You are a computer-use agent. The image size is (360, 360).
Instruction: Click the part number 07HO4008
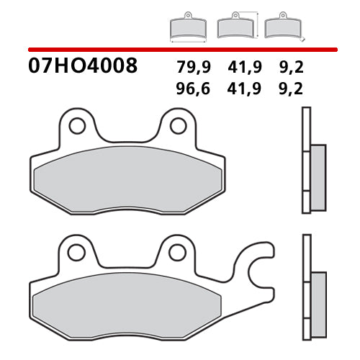(x=83, y=68)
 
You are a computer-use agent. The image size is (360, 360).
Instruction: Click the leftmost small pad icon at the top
(x=188, y=27)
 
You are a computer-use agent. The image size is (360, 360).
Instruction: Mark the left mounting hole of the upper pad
(x=76, y=126)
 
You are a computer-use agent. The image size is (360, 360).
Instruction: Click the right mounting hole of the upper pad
(x=177, y=126)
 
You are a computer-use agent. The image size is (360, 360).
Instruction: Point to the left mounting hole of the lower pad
(x=76, y=252)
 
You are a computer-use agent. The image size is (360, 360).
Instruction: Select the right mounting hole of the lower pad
(x=177, y=252)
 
